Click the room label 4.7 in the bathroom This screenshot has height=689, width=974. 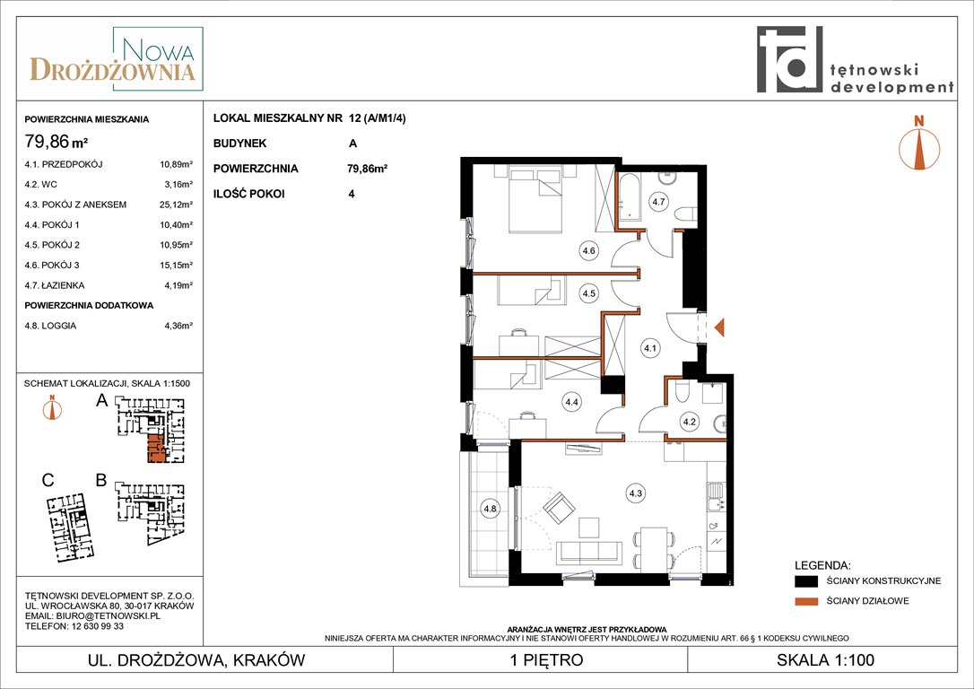658,201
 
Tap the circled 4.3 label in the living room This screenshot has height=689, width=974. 635,493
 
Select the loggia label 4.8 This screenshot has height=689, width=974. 490,509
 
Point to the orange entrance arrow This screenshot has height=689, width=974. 719,327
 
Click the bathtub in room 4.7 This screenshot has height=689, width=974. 630,197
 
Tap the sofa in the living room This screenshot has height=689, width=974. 588,553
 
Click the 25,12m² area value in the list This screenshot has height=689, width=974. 176,205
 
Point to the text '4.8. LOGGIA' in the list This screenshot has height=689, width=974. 50,326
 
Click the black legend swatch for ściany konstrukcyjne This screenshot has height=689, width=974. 806,581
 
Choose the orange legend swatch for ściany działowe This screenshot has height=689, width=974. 806,601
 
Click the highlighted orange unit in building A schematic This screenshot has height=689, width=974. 157,449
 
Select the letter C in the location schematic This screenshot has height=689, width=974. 48,480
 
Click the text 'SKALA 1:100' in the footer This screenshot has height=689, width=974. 825,659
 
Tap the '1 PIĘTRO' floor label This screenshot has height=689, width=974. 546,659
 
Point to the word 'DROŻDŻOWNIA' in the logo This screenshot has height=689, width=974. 112,69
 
